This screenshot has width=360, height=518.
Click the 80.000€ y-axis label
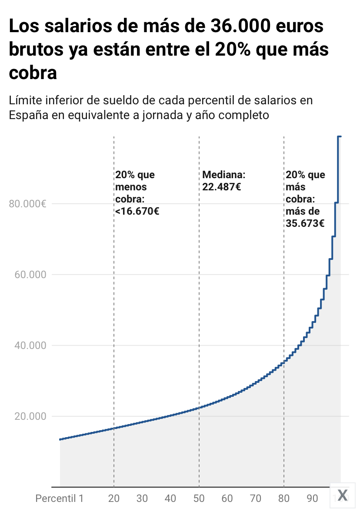pyautogui.click(x=27, y=204)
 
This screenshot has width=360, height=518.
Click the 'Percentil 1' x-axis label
pyautogui.click(x=59, y=498)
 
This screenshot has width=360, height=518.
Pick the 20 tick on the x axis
pyautogui.click(x=113, y=498)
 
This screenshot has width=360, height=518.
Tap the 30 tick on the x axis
pyautogui.click(x=142, y=498)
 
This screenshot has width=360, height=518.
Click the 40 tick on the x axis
pyautogui.click(x=170, y=498)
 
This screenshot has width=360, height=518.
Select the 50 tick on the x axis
pyautogui.click(x=199, y=498)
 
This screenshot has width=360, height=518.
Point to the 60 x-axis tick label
pyautogui.click(x=227, y=498)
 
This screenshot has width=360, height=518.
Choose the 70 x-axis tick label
pyautogui.click(x=256, y=498)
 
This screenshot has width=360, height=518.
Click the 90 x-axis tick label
pyautogui.click(x=312, y=498)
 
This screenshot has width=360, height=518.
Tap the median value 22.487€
pyautogui.click(x=222, y=187)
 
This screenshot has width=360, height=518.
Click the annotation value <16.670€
pyautogui.click(x=137, y=212)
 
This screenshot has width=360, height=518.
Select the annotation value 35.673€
pyautogui.click(x=305, y=224)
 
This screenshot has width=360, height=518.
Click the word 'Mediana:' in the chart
pyautogui.click(x=224, y=175)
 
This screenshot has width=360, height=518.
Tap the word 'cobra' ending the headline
pyautogui.click(x=33, y=73)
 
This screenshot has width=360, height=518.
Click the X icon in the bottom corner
pyautogui.click(x=343, y=495)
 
